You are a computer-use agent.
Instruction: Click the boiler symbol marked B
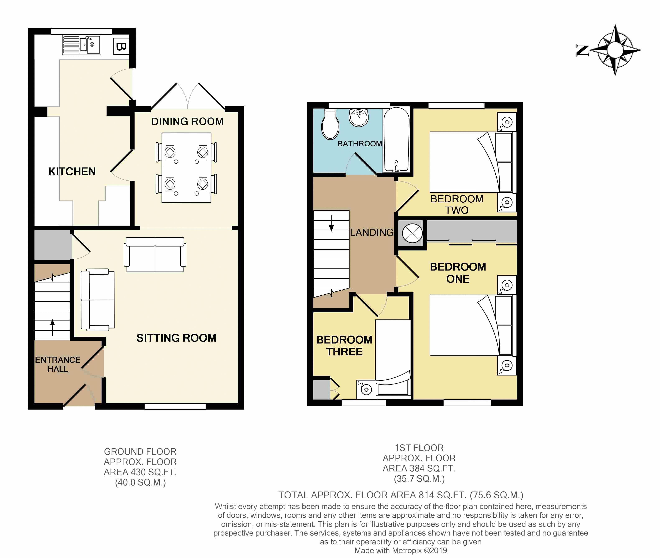[121, 47]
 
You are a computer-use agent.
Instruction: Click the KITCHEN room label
[72, 171]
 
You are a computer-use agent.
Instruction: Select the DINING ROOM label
[187, 121]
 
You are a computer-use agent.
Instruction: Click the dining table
[187, 168]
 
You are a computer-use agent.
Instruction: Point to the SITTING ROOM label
[176, 338]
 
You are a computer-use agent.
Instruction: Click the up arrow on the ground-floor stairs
[52, 327]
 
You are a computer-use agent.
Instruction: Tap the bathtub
[396, 140]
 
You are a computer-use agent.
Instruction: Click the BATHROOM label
[360, 144]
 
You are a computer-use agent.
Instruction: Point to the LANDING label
[372, 232]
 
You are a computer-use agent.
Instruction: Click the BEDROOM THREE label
[344, 346]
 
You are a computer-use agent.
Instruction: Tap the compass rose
[615, 50]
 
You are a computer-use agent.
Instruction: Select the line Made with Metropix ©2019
[401, 550]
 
